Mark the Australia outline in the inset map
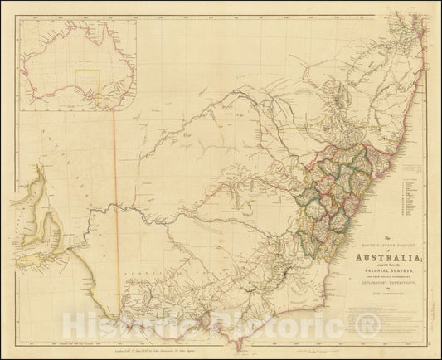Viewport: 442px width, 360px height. (x=80, y=66)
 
